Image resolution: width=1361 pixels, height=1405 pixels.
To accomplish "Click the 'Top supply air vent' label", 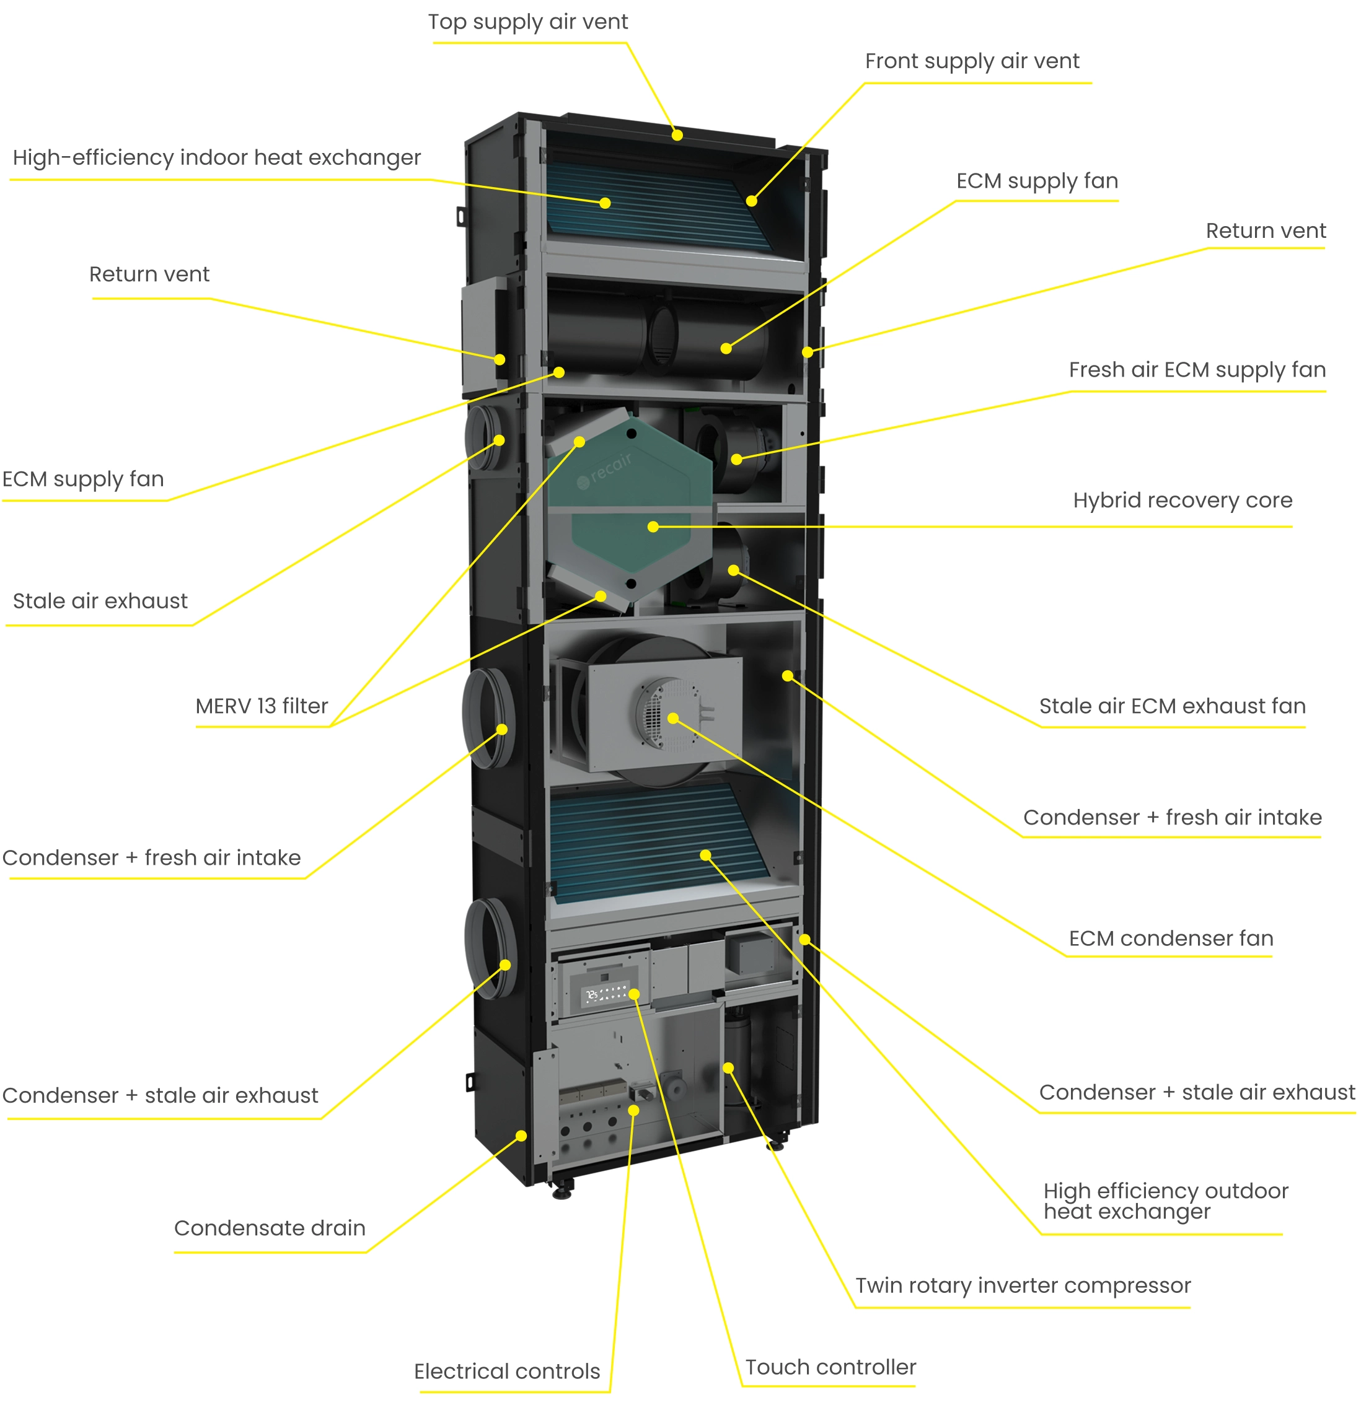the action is [528, 22].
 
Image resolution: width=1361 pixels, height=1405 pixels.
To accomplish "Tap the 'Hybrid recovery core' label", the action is [1183, 500].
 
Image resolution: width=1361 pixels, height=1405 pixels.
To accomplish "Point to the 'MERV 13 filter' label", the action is [262, 706].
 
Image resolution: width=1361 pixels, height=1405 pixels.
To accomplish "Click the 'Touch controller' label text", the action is [830, 1367].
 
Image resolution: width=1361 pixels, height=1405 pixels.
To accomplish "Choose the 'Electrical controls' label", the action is [507, 1372].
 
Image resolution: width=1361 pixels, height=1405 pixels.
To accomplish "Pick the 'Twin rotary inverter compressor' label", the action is [1023, 1285].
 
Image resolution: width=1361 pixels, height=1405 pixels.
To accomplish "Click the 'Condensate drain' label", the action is [270, 1228].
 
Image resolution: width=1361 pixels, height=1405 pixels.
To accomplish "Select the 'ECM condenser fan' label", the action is [1171, 939].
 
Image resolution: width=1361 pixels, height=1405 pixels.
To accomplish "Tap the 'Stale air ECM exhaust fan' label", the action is [1173, 706].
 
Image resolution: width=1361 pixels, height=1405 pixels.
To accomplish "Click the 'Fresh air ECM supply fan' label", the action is [1197, 370].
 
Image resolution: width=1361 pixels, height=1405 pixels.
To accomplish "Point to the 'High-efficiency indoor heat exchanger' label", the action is [216, 158].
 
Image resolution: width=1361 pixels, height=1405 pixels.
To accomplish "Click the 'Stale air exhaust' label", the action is [100, 601].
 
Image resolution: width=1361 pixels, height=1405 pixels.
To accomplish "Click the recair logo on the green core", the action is [606, 470].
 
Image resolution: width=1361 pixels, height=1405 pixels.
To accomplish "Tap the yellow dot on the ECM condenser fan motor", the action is [672, 717].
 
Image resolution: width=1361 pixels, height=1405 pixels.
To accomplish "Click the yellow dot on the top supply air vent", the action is [677, 135].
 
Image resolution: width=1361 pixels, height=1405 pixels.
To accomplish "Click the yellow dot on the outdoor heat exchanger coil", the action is [705, 855].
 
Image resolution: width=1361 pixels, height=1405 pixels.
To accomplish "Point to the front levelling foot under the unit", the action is [562, 1191].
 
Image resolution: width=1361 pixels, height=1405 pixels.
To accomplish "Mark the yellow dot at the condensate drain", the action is [521, 1136].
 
